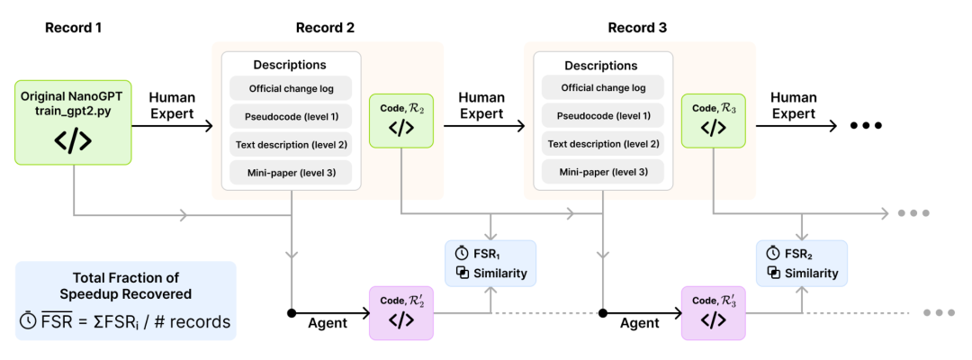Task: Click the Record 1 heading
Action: point(73,28)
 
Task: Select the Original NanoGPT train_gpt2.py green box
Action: point(73,122)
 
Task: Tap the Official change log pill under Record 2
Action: point(291,88)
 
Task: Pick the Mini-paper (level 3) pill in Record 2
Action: point(291,173)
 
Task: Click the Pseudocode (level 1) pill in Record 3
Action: point(602,116)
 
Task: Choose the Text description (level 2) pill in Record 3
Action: point(602,144)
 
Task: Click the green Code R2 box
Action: point(402,121)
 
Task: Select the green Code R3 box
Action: point(714,121)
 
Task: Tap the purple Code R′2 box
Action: point(402,313)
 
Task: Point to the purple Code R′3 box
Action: point(714,313)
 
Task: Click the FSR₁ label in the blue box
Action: point(487,254)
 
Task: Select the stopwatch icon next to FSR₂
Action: point(773,253)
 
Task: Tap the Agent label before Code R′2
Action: point(328,323)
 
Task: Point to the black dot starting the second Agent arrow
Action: point(602,313)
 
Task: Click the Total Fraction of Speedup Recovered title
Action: point(125,285)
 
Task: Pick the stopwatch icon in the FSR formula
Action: point(28,322)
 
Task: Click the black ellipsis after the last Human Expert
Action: point(866,125)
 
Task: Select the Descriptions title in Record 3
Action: point(601,66)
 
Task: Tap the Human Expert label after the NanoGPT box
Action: point(172,105)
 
